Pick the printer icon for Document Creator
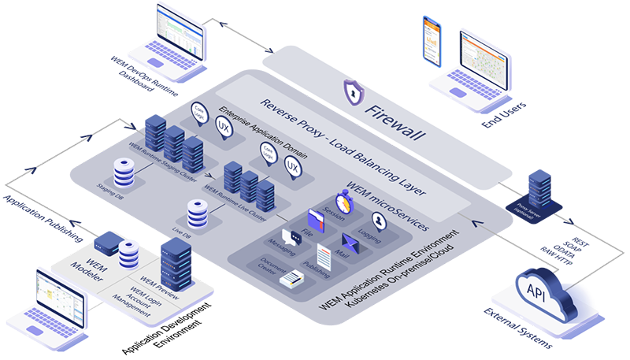291,277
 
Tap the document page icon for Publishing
324,255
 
